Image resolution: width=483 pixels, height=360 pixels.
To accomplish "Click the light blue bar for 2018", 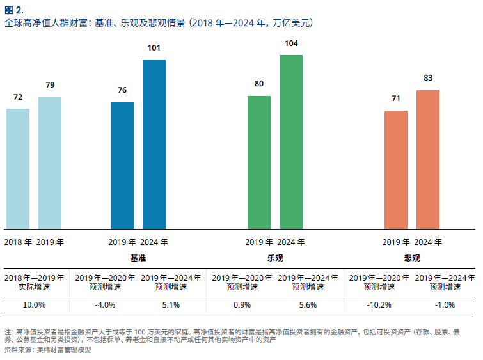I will click(x=18, y=169).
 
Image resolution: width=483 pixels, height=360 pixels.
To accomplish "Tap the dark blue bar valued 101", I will click(x=154, y=145).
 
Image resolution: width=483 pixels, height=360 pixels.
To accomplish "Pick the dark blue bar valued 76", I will click(x=122, y=166).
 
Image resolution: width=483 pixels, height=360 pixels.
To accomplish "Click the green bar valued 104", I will click(x=291, y=142).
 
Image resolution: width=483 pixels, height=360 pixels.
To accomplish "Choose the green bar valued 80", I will click(x=259, y=162).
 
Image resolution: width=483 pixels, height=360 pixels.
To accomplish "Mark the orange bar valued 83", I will click(x=428, y=159).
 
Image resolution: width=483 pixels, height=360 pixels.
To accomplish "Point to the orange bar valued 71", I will click(x=396, y=169).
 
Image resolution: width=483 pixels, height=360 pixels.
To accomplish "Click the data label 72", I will click(x=18, y=97).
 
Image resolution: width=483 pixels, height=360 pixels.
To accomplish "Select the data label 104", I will click(x=291, y=43).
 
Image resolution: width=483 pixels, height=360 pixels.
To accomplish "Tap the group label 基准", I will click(x=138, y=258).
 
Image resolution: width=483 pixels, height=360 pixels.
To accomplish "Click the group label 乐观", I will click(x=275, y=258).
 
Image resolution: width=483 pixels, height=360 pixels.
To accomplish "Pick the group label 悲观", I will click(x=412, y=258).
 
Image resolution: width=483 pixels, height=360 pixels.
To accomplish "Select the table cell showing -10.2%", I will click(x=378, y=305).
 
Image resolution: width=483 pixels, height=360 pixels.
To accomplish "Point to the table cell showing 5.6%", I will click(x=308, y=305).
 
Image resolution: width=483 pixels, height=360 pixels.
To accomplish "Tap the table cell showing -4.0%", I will click(x=104, y=305).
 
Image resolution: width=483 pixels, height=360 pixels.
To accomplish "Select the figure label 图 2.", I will click(x=14, y=10).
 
